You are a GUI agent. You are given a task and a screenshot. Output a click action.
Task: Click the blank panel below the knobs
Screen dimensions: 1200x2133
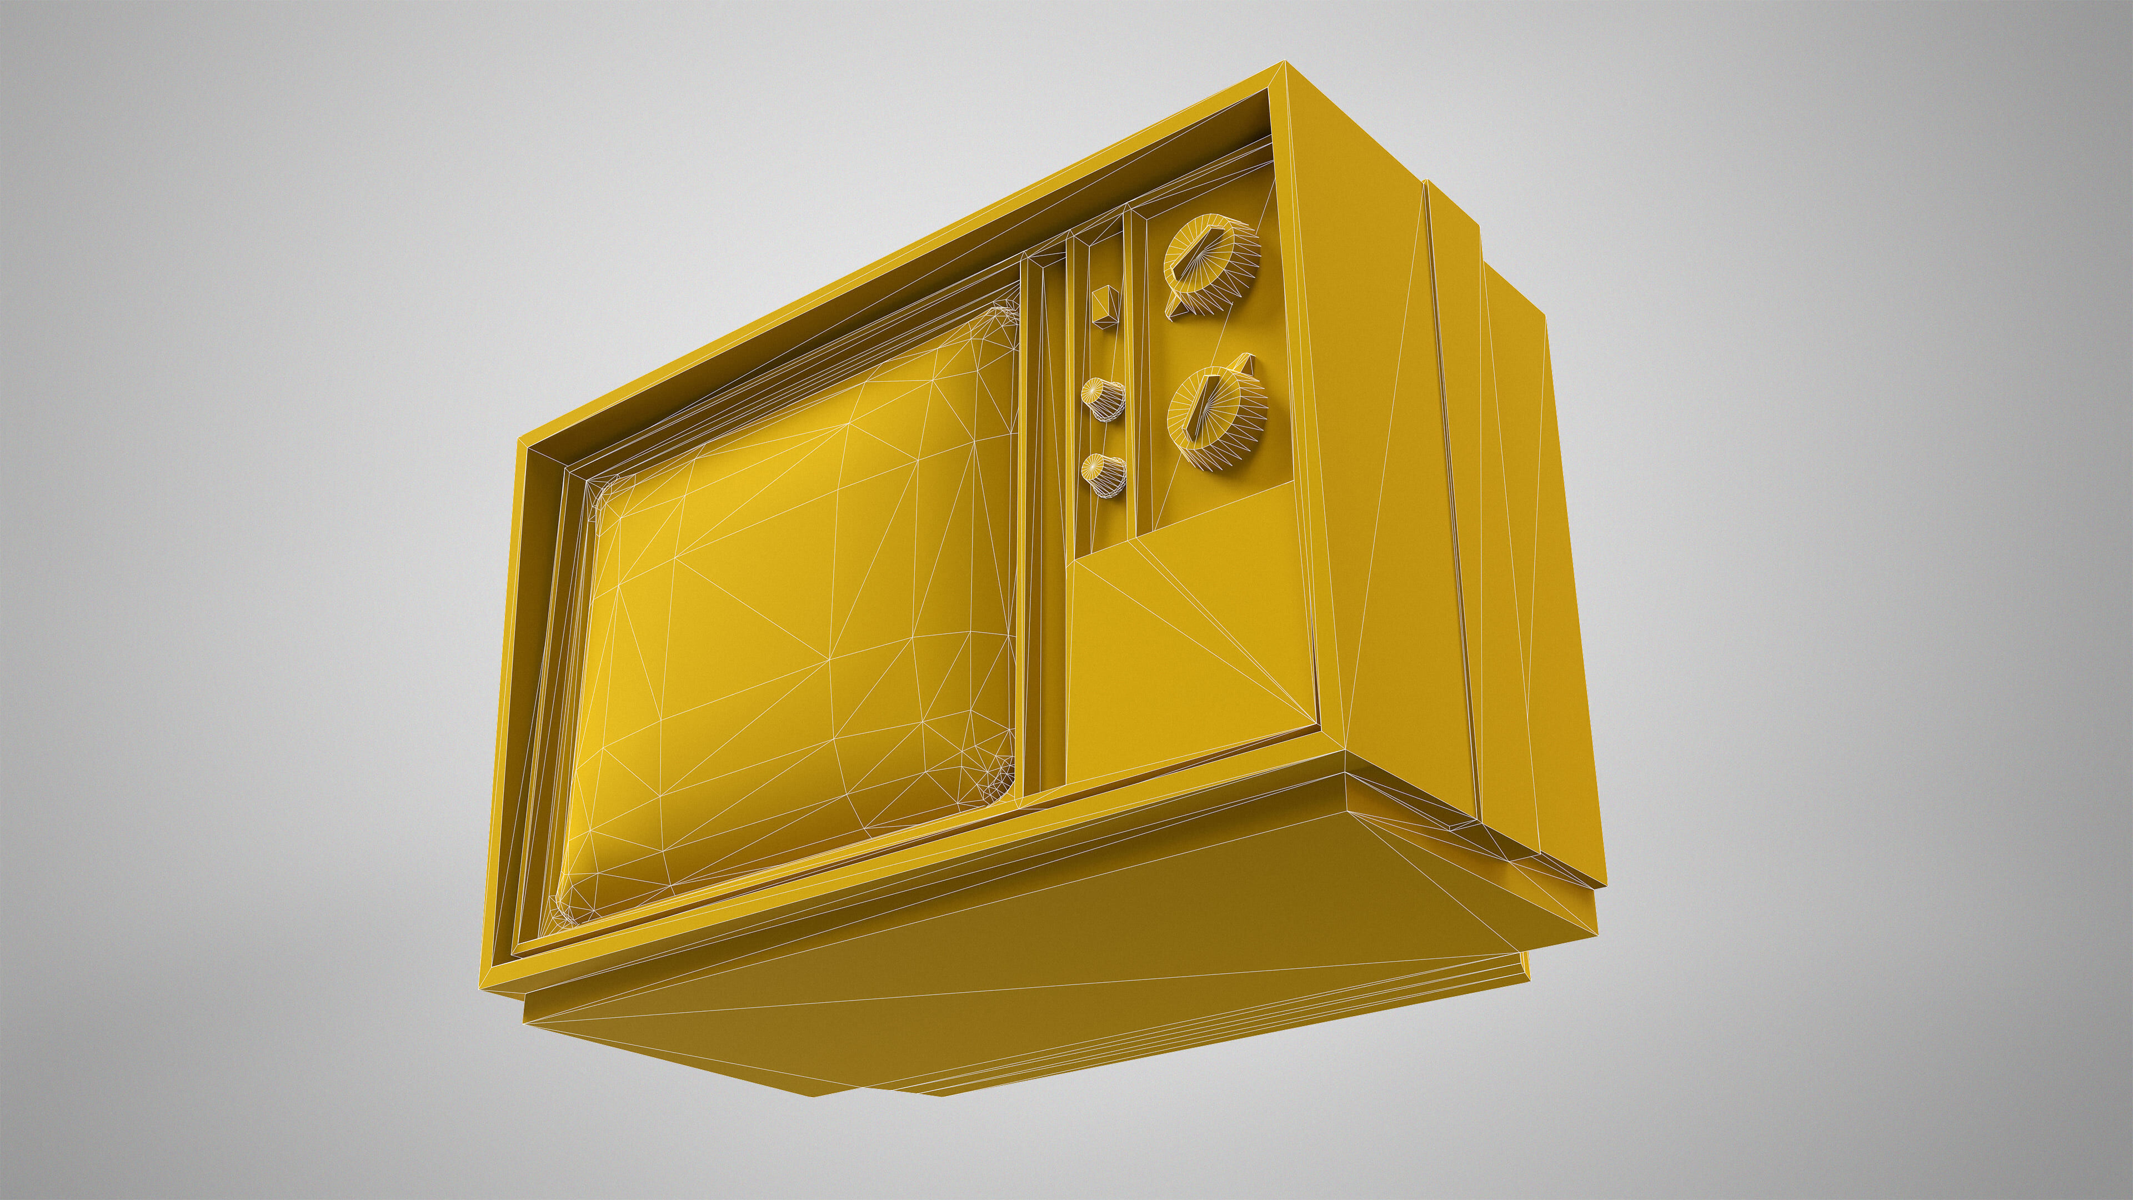1193,654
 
